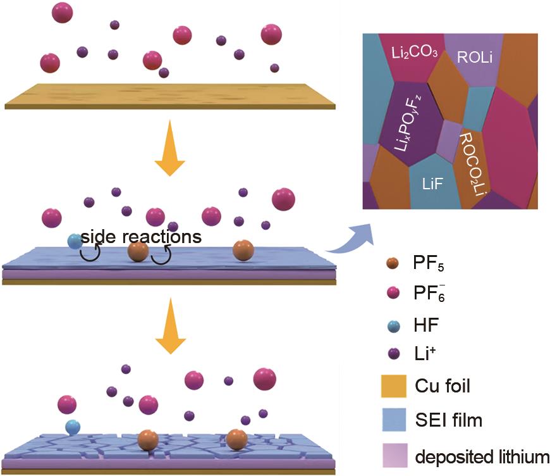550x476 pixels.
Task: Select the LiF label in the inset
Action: point(436,184)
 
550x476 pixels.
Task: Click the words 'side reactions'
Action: point(141,237)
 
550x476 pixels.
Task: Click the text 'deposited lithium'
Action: point(482,455)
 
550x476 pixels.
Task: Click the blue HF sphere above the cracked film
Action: point(73,427)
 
